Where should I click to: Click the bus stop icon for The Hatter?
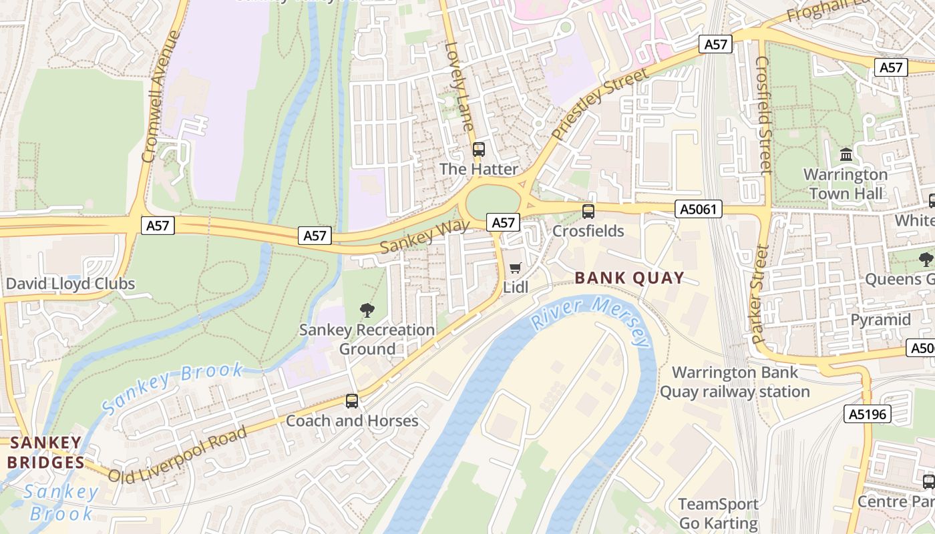point(478,150)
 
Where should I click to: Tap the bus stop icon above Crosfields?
point(588,212)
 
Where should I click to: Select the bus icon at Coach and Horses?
point(352,401)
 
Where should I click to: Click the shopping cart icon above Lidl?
point(515,268)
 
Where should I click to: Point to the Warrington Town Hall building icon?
point(846,154)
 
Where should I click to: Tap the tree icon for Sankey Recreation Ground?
point(367,310)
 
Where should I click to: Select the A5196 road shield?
point(866,414)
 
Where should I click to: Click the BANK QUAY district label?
point(629,278)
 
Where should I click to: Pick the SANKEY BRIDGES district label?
point(46,453)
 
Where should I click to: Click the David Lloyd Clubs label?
point(70,284)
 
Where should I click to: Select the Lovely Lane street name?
point(459,87)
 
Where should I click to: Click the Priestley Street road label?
point(600,104)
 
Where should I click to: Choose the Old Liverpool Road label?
point(177,454)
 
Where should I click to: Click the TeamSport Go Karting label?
point(719,513)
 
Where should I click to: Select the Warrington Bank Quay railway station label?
point(735,382)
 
